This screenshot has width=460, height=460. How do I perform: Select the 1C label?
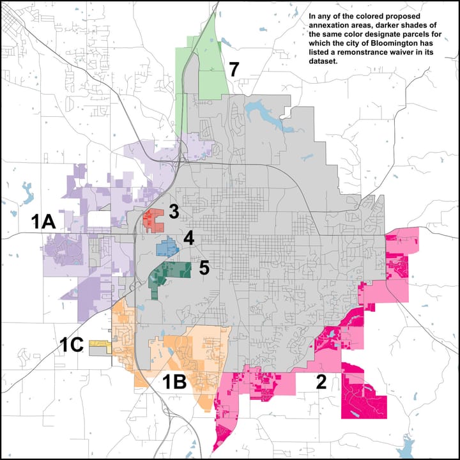pos(72,345)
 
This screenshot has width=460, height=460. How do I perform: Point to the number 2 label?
pos(321,382)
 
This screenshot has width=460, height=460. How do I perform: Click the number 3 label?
pos(174,212)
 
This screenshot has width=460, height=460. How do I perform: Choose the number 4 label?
pos(188,239)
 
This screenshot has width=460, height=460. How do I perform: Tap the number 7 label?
pos(234,69)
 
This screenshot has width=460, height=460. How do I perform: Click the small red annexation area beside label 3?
pos(154,218)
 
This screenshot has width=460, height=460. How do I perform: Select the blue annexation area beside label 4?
pos(167,246)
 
